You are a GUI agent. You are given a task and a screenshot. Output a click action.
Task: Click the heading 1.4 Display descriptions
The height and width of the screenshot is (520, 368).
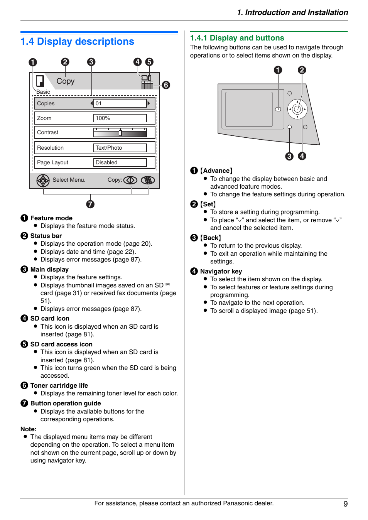tap(77, 42)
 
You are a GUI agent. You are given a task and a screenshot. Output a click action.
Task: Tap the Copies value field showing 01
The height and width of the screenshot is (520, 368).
tap(120, 103)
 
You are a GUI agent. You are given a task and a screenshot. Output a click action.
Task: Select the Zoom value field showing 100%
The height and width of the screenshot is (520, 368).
tap(120, 118)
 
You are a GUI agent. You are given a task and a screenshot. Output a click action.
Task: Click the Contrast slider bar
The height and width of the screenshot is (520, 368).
tap(120, 133)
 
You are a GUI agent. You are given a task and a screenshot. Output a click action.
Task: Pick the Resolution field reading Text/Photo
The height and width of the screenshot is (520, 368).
tap(120, 148)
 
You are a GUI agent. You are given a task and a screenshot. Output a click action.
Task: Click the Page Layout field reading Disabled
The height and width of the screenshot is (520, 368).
tap(120, 162)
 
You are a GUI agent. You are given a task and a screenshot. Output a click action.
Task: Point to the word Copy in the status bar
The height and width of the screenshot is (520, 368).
tap(65, 81)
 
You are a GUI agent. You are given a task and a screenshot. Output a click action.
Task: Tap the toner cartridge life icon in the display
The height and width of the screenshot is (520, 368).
tap(147, 85)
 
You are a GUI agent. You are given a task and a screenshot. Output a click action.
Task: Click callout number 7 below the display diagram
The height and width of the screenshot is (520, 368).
tap(90, 204)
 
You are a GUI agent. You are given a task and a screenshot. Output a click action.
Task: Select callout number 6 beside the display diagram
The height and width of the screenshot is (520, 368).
tap(166, 85)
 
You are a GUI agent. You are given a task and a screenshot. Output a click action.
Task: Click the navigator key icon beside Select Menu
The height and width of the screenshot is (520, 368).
tap(43, 180)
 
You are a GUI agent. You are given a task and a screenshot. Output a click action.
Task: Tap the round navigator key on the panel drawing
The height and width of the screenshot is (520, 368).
tap(297, 109)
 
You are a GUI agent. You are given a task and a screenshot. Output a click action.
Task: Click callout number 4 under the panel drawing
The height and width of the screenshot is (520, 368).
tap(302, 156)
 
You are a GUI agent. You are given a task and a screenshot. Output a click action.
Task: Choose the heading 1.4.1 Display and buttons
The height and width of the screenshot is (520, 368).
tap(237, 38)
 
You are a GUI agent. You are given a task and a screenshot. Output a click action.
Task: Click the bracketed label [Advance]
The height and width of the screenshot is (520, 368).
tap(216, 171)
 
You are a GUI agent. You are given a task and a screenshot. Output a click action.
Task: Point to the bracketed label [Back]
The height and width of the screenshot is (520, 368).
tap(211, 238)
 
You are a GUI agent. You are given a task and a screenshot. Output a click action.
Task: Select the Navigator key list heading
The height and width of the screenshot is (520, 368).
tap(221, 271)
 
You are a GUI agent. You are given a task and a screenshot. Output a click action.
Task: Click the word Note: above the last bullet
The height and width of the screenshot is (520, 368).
tap(29, 429)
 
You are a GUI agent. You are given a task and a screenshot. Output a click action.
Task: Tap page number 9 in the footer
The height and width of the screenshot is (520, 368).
tap(346, 504)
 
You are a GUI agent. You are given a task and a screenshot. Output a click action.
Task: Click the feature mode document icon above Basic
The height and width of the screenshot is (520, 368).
tap(40, 81)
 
